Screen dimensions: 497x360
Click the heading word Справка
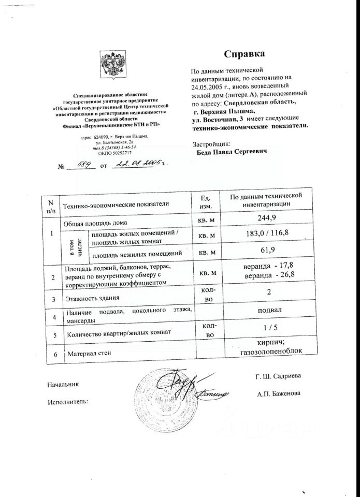click(x=244, y=54)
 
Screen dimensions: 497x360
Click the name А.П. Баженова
click(x=278, y=393)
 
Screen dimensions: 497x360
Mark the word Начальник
click(x=62, y=385)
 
